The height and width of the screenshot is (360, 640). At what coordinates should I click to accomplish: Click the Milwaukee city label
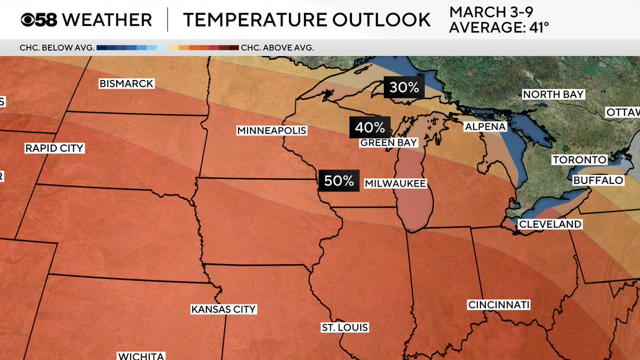(395, 183)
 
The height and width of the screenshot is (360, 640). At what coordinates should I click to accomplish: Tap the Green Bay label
(388, 143)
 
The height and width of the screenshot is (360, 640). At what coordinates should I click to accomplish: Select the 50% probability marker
(339, 181)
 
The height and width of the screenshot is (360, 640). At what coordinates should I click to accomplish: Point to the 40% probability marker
(370, 127)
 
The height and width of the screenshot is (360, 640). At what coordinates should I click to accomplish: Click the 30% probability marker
(404, 87)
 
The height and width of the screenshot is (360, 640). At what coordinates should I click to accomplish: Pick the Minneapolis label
(271, 131)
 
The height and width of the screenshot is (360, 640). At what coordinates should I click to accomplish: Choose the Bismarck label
(126, 84)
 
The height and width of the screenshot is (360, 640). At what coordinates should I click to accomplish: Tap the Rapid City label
(54, 148)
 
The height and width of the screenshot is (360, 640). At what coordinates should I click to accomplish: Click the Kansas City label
(224, 309)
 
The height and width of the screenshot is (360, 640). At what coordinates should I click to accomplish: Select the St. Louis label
(345, 327)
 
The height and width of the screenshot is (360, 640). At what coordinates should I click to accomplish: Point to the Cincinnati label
(499, 305)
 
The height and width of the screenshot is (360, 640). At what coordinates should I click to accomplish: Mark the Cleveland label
(550, 225)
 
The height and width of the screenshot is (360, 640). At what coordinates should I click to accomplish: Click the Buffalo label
(598, 181)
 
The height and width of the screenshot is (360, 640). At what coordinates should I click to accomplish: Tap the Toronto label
(579, 160)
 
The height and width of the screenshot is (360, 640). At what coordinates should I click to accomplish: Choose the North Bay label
(553, 95)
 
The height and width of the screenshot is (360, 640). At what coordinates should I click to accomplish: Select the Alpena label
(485, 127)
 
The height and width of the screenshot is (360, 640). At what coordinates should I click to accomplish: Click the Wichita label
(141, 356)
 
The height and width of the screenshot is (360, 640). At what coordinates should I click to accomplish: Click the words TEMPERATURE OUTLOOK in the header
(307, 20)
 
